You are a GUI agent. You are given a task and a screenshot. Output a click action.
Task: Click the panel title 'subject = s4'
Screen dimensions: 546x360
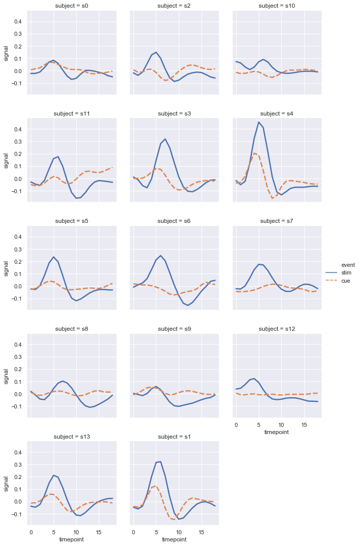point(277,113)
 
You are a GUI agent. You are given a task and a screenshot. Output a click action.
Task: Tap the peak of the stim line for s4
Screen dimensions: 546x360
point(259,122)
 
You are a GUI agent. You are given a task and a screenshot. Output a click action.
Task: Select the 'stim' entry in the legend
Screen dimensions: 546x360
point(347,273)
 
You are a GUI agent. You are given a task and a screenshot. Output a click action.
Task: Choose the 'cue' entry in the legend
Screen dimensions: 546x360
point(346,281)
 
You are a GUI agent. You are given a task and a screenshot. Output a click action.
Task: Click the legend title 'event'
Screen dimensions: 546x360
point(348,265)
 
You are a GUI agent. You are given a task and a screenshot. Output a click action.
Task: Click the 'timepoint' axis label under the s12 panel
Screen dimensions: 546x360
point(277,432)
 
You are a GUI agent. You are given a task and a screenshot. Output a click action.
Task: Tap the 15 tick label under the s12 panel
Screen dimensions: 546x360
point(304,424)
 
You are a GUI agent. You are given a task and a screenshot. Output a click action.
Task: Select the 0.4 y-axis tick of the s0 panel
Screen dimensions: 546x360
point(17,21)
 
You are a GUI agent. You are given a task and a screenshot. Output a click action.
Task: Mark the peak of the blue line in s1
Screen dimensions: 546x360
point(161,462)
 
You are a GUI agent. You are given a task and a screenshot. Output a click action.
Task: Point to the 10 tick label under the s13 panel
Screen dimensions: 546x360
point(76,532)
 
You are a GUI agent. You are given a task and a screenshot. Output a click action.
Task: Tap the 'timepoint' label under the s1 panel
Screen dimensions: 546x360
point(174,539)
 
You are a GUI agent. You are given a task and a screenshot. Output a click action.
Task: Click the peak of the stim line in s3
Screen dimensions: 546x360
point(165,139)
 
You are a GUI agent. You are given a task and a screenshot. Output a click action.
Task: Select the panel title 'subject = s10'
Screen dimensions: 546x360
point(277,6)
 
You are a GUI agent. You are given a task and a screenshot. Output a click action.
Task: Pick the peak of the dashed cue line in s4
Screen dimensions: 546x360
point(254,153)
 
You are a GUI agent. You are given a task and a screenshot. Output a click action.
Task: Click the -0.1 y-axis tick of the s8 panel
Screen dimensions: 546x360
point(16,406)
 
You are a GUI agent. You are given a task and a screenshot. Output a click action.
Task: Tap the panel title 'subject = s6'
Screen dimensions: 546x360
point(174,221)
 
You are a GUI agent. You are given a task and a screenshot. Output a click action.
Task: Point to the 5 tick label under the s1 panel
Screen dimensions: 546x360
point(156,532)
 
